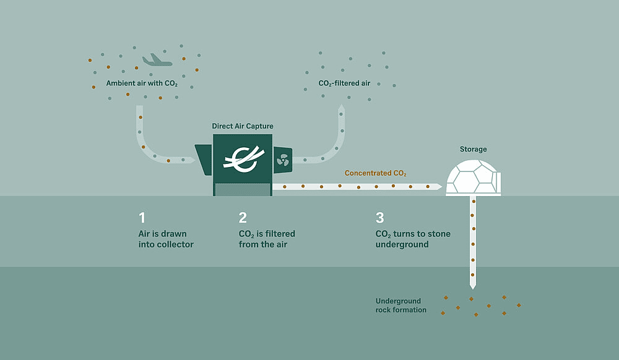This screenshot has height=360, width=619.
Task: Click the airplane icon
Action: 156,60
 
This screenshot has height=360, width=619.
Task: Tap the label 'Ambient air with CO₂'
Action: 142,82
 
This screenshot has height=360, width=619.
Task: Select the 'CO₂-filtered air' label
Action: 344,82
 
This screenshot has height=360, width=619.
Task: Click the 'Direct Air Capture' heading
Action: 243,126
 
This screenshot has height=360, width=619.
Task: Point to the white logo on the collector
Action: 242,160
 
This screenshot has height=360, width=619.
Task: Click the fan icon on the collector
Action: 283,160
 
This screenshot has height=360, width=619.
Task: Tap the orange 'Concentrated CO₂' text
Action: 376,173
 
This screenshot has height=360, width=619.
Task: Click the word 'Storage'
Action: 473,149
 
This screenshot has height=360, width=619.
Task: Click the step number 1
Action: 142,218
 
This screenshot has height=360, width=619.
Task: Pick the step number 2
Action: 243,218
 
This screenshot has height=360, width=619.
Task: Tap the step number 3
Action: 379,218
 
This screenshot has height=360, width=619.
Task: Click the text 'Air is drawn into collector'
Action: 166,239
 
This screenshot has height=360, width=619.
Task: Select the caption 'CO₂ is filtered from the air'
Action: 267,239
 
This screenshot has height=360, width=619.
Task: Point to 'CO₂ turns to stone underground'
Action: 413,239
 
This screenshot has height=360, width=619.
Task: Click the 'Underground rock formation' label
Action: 400,305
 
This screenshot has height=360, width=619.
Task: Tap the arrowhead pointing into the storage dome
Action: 438,186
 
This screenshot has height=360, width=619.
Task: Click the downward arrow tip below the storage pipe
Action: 473,286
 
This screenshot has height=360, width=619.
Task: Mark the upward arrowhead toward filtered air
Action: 341,109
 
